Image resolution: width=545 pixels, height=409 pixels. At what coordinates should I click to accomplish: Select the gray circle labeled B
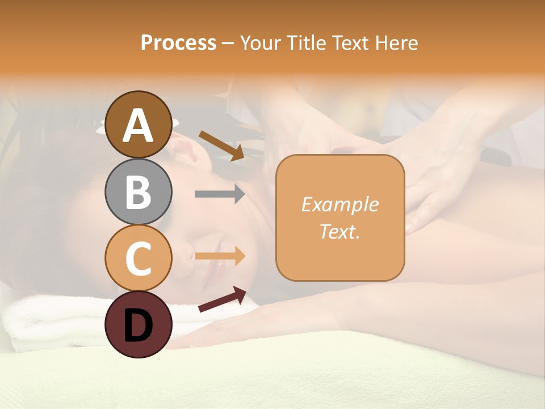[x=138, y=191]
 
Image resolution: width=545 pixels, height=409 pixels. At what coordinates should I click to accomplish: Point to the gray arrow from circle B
[x=220, y=194]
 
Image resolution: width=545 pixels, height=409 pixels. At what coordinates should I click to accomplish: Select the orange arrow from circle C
[x=220, y=256]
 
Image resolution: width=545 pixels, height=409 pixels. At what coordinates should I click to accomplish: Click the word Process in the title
[x=178, y=43]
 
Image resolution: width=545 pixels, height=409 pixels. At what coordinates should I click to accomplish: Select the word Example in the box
[x=339, y=204]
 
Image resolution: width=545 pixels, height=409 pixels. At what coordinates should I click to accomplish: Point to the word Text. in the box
[x=339, y=231]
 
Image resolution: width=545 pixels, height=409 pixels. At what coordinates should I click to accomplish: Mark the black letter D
[x=138, y=325]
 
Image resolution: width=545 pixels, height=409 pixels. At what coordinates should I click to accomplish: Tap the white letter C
[x=138, y=259]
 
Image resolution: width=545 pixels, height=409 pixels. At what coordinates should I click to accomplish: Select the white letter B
[x=138, y=193]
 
